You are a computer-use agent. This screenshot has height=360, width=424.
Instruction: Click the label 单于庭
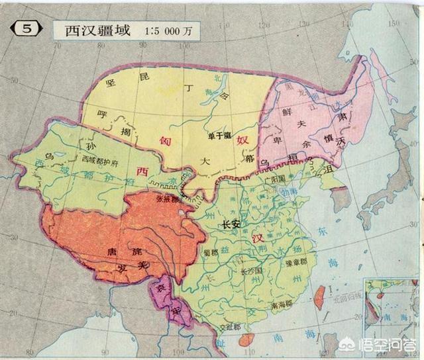(x=218, y=136)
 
